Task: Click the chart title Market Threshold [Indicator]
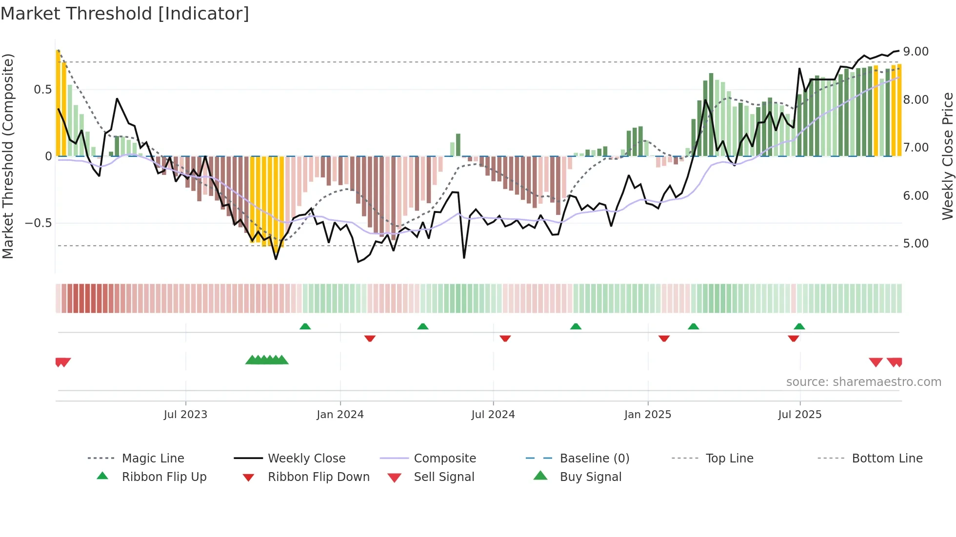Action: pos(125,14)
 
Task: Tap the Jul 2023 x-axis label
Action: pos(185,415)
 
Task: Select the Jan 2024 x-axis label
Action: pos(340,415)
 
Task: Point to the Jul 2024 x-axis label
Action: pos(493,415)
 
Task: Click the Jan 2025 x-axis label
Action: pos(648,415)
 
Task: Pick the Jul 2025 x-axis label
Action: pos(800,415)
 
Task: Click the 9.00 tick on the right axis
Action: pos(916,52)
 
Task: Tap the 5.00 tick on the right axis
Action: pos(916,244)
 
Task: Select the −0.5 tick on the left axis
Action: pos(39,223)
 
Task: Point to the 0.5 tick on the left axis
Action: pos(42,90)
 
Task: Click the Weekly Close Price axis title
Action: pos(947,156)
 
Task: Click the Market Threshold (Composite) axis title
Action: pos(8,156)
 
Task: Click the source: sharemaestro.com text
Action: pos(863,382)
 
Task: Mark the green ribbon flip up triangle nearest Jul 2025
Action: pos(799,326)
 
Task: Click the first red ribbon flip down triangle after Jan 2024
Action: pos(370,338)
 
